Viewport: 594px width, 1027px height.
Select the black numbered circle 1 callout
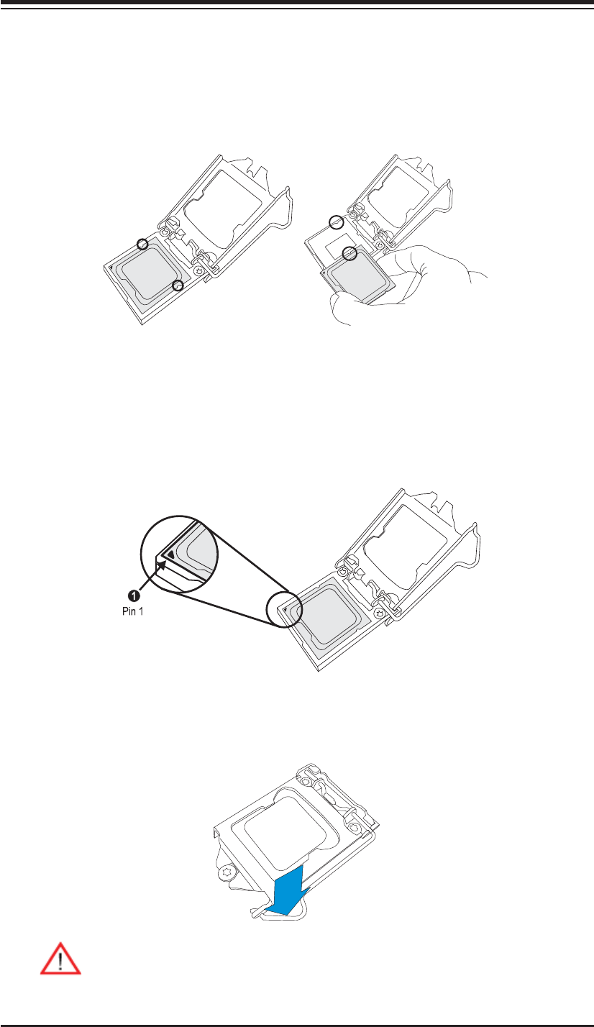point(134,595)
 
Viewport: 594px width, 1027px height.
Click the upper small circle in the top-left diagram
point(143,243)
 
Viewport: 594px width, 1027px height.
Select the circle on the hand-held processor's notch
point(349,252)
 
